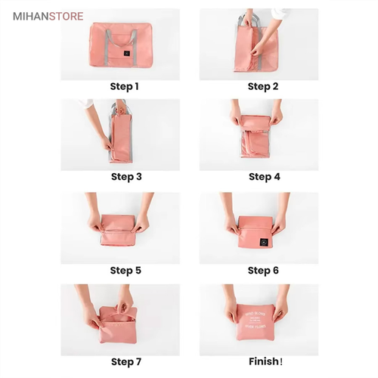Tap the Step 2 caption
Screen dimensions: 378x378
click(x=263, y=86)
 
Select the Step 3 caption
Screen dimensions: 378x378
click(x=126, y=177)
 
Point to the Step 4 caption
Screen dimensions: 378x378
click(x=264, y=177)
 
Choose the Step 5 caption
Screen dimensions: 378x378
click(x=125, y=270)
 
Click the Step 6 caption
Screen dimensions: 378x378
click(x=263, y=270)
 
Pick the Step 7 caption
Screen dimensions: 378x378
click(x=126, y=361)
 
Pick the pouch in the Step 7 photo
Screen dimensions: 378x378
click(x=116, y=318)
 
